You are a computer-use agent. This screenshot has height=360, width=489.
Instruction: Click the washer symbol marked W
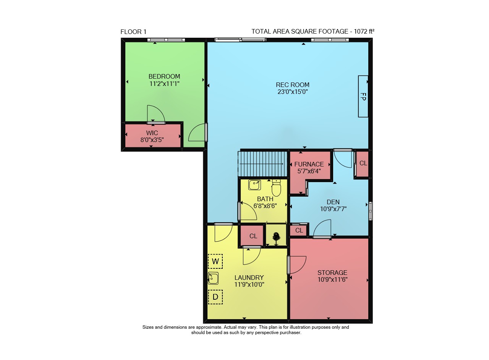215,261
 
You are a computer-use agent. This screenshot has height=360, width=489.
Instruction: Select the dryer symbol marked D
215,297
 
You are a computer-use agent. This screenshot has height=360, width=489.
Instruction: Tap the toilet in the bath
276,188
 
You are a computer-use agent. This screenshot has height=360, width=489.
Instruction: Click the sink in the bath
254,185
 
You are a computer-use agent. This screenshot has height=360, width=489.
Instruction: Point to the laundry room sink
213,278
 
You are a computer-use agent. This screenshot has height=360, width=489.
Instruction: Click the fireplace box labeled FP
363,96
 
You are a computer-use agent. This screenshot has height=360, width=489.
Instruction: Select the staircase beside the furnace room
262,164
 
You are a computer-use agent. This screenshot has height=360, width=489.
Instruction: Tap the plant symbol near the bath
276,239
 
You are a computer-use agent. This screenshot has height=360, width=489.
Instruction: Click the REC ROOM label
293,85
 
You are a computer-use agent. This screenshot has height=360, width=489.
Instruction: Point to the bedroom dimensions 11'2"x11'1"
164,84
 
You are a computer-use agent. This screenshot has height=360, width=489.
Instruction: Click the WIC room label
152,133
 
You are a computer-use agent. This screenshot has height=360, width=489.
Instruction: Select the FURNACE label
309,164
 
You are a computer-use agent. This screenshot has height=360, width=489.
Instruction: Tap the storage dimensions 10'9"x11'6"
332,279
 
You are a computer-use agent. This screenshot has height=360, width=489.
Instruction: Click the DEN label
333,202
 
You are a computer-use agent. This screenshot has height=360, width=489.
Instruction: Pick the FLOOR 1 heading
133,32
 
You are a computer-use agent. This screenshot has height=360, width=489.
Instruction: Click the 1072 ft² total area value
364,31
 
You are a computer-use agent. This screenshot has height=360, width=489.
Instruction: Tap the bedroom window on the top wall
166,40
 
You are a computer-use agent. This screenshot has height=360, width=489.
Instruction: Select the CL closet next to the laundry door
253,236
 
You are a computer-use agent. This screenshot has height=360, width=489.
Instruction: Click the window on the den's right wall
371,211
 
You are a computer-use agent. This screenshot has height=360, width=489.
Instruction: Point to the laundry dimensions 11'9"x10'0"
249,284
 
